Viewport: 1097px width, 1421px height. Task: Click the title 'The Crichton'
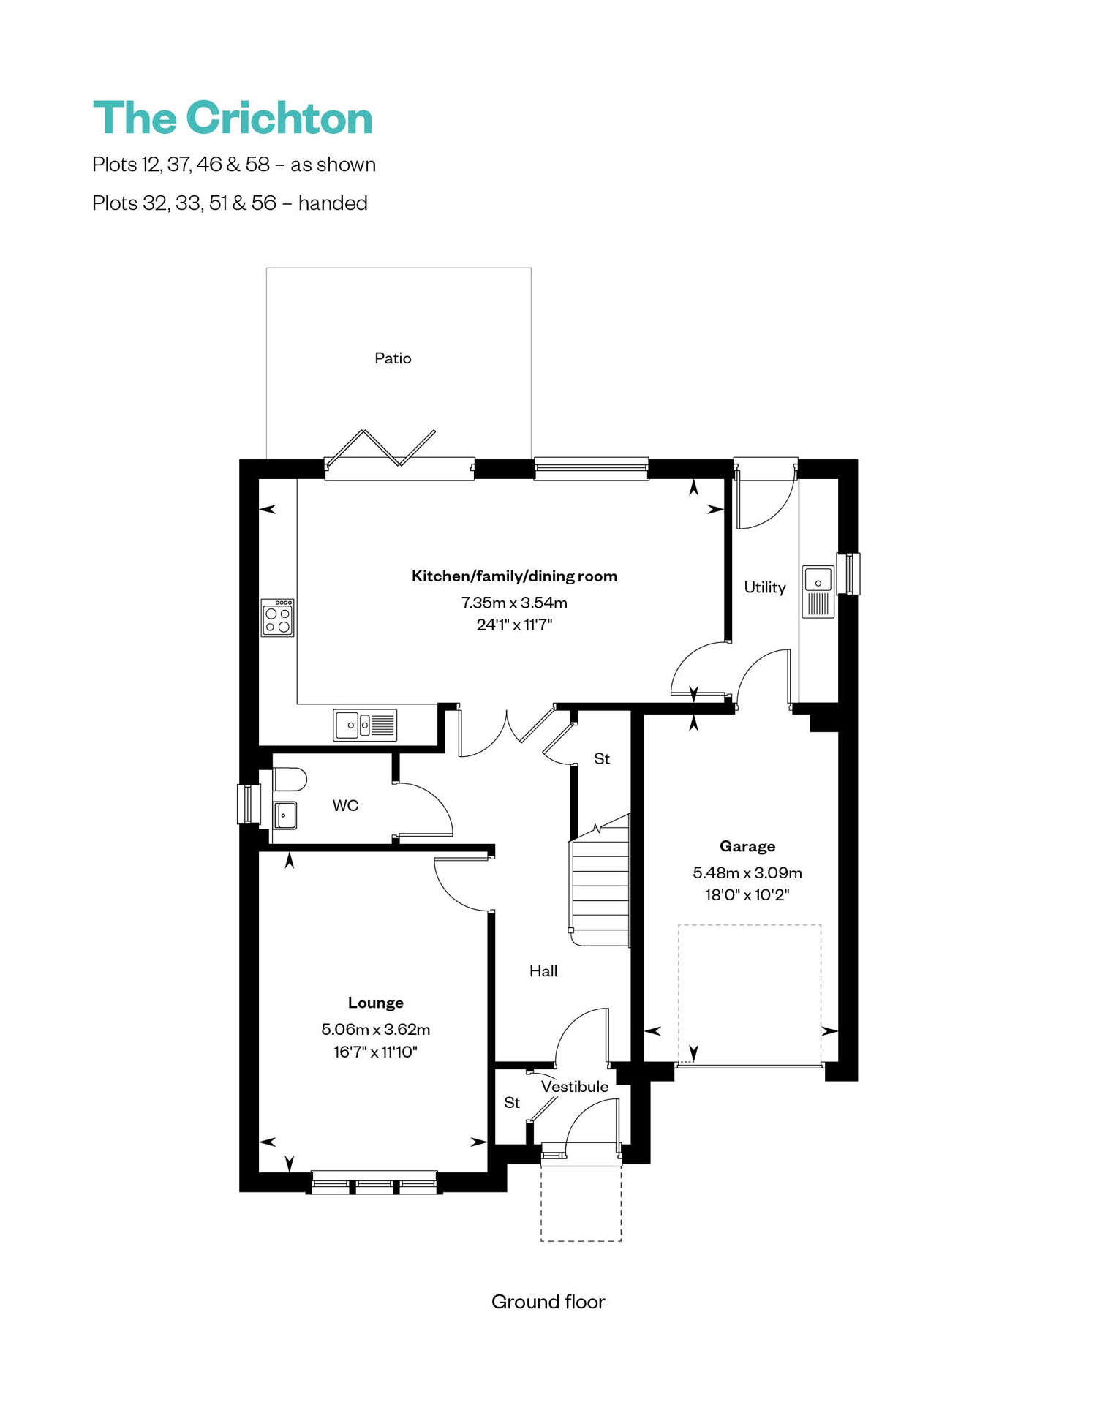[233, 118]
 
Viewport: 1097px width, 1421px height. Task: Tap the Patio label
[393, 358]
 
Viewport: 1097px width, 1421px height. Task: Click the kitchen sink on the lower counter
[365, 725]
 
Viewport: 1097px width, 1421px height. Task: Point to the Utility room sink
[818, 592]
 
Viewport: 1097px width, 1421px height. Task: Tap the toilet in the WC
[289, 780]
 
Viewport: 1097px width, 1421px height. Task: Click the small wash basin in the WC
[285, 815]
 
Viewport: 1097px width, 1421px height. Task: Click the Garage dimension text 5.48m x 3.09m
[747, 872]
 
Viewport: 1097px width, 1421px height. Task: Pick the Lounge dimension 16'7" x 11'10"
[375, 1052]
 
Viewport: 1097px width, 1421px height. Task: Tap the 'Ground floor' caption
[548, 1302]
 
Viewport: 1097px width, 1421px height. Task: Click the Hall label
[543, 971]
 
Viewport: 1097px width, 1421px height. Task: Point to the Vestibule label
[575, 1087]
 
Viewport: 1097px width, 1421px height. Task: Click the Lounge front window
[374, 1183]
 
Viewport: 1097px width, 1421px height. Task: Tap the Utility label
[765, 587]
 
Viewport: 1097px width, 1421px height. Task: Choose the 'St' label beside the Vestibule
[512, 1102]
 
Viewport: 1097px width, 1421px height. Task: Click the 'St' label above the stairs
[602, 759]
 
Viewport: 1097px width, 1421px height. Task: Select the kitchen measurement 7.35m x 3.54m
[514, 603]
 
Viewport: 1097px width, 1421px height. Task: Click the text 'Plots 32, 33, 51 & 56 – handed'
[230, 203]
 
